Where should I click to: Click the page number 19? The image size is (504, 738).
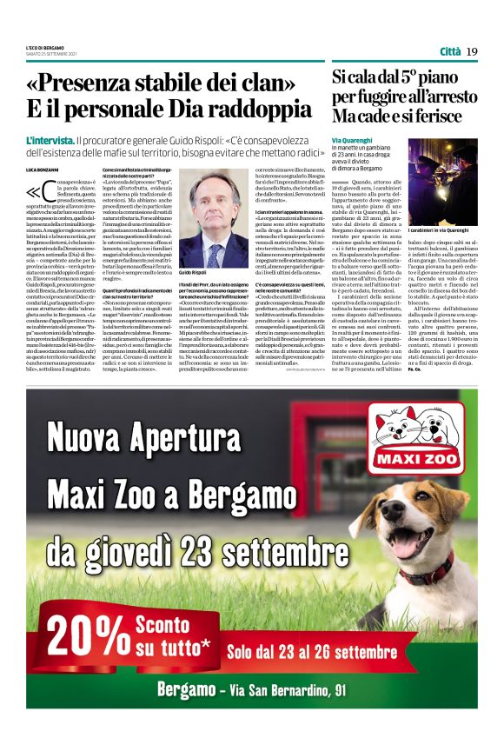tap(472, 51)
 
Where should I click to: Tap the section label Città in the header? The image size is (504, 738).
tap(449, 51)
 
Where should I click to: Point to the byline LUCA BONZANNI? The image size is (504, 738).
tap(42, 167)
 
